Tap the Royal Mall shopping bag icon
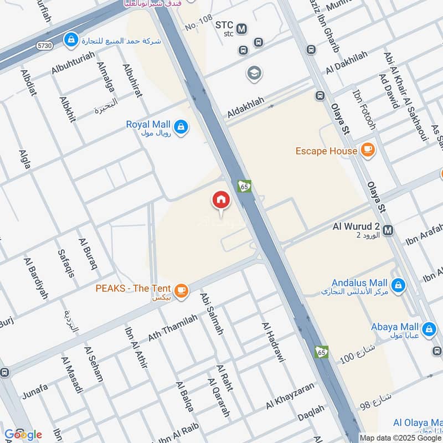[181, 127]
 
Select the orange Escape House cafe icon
[367, 150]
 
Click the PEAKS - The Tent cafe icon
[181, 290]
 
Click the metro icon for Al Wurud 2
[388, 230]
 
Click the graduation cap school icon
[254, 73]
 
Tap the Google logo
[22, 435]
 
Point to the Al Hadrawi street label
[272, 342]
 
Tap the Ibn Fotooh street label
[364, 109]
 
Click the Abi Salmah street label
[212, 313]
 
